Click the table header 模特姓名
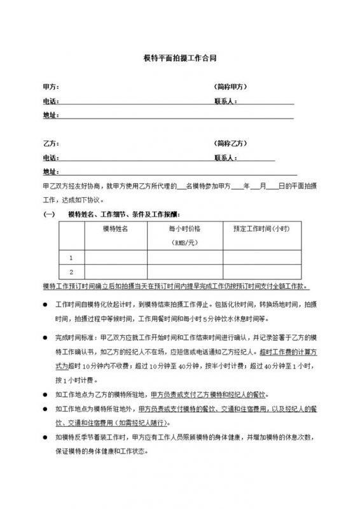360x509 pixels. (x=115, y=228)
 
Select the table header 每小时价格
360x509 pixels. (x=184, y=228)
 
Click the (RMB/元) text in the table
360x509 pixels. (x=184, y=243)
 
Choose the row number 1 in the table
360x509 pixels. (x=71, y=258)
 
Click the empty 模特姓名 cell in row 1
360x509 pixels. (x=115, y=258)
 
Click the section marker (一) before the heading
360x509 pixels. (x=49, y=214)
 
